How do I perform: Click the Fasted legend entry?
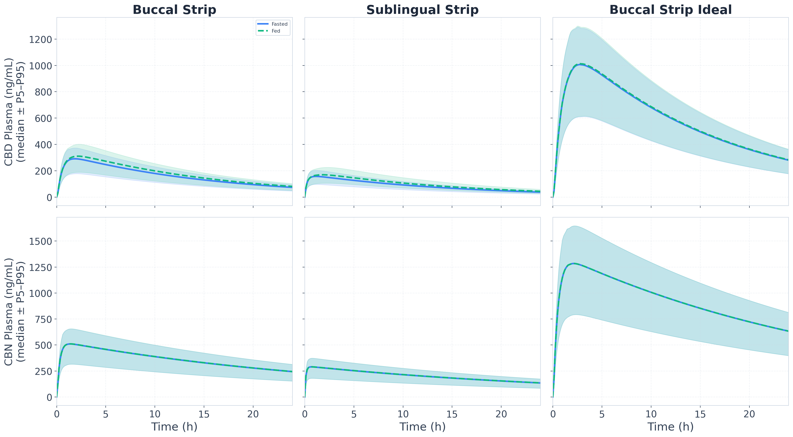[x=272, y=24]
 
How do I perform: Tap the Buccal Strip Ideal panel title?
[x=671, y=10]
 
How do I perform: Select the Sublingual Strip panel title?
[x=422, y=10]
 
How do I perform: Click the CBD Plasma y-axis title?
[x=15, y=112]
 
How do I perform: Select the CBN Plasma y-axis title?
[x=15, y=311]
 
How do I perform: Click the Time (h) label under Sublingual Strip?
[x=422, y=427]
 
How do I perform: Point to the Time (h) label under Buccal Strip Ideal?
[x=671, y=427]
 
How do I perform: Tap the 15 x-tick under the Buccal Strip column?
[x=204, y=414]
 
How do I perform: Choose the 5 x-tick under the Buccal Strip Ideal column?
[x=602, y=414]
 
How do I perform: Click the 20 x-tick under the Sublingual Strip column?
[x=501, y=414]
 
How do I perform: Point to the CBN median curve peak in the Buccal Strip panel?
[x=70, y=344]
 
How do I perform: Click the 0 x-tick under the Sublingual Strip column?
[x=305, y=414]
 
